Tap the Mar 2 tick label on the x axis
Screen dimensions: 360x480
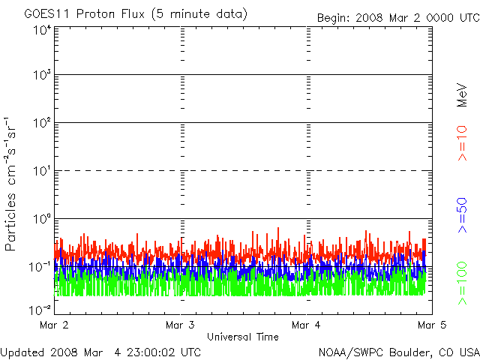(53, 325)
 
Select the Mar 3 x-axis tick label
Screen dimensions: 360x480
(180, 325)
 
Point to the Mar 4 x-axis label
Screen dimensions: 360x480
(306, 325)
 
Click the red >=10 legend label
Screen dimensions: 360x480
(463, 143)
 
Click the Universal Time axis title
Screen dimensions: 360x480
(242, 337)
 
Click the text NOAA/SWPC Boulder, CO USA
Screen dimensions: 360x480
(398, 352)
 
